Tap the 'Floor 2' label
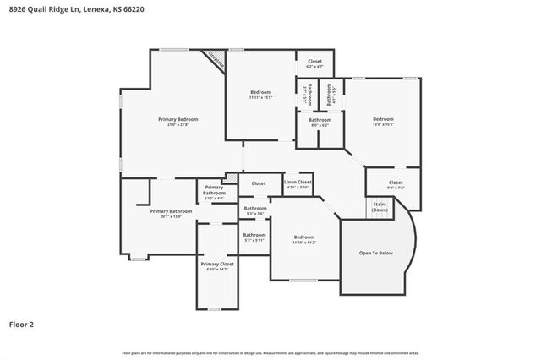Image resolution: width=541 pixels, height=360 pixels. pyautogui.click(x=22, y=324)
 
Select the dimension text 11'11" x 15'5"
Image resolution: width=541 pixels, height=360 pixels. pyautogui.click(x=261, y=97)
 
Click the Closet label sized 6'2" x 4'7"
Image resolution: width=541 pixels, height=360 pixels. pyautogui.click(x=314, y=62)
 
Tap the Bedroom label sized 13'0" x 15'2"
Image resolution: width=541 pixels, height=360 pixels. pyautogui.click(x=383, y=119)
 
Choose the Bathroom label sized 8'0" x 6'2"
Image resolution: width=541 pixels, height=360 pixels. pyautogui.click(x=320, y=120)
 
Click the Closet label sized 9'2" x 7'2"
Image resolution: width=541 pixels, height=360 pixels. pyautogui.click(x=396, y=183)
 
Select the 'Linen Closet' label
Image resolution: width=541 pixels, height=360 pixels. pyautogui.click(x=298, y=182)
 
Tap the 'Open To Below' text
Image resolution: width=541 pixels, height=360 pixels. pyautogui.click(x=375, y=253)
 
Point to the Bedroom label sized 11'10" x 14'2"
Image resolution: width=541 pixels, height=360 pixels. pyautogui.click(x=304, y=237)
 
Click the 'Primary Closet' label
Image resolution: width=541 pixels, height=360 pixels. pyautogui.click(x=217, y=264)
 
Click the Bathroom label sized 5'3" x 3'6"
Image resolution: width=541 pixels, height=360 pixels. pyautogui.click(x=254, y=208)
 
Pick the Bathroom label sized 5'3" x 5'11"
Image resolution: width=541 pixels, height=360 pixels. pyautogui.click(x=254, y=235)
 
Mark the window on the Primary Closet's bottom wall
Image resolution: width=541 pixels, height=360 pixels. pyautogui.click(x=216, y=310)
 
